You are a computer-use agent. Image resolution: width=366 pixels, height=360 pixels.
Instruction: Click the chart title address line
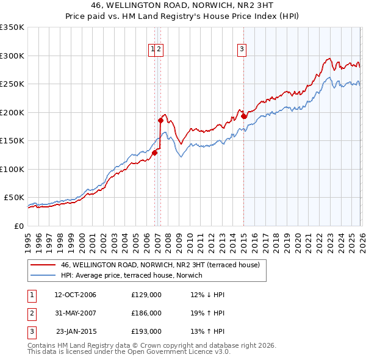coord(183,6)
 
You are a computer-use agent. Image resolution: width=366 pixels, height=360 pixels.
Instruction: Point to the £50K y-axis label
coord(14,198)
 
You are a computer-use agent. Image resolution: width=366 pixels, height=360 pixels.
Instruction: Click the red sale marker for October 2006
coord(154,153)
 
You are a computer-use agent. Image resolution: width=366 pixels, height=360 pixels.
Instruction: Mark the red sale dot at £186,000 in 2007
coord(161,121)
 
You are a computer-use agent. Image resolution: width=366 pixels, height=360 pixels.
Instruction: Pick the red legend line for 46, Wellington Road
coord(43,265)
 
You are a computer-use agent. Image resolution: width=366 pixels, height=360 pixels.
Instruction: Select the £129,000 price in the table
coord(146,295)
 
